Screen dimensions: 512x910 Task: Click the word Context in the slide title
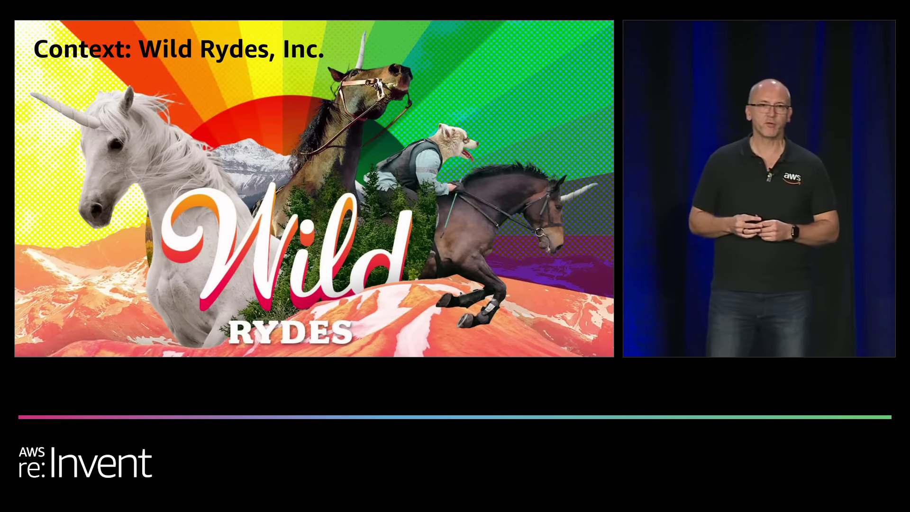82,49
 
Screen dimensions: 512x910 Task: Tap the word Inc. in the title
303,49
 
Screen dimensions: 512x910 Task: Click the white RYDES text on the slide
291,332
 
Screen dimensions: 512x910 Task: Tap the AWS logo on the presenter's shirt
792,178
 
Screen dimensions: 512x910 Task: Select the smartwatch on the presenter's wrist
795,232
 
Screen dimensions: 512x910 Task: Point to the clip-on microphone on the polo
769,176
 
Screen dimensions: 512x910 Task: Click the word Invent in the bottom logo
100,463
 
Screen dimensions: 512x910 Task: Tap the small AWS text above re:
32,452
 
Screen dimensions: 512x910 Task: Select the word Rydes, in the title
237,49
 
